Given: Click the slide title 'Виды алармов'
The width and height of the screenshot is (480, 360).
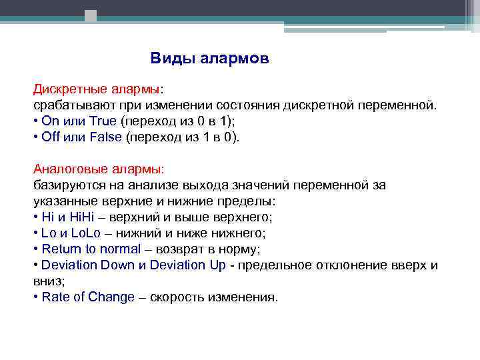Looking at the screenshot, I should tap(209, 59).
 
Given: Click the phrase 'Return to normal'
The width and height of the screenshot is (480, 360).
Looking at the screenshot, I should tap(91, 249).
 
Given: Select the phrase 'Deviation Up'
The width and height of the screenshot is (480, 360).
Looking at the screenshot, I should tap(188, 265).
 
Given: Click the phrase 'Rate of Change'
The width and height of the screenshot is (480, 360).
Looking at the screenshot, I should tap(88, 297).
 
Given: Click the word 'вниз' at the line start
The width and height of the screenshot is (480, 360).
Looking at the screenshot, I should tap(47, 281).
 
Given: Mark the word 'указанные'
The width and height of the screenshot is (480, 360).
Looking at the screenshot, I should tap(64, 201).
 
